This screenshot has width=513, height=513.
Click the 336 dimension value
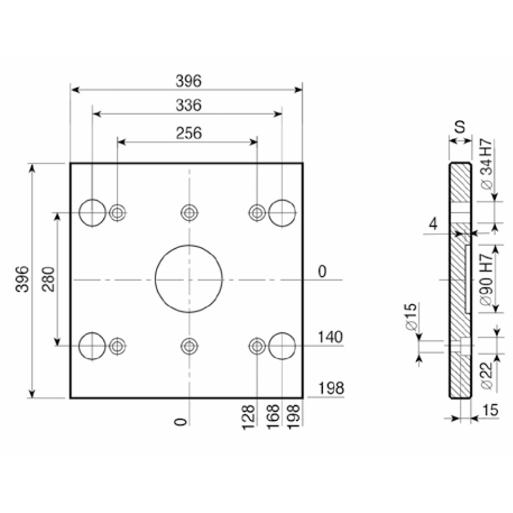click(x=189, y=105)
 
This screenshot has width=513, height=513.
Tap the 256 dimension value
click(x=189, y=133)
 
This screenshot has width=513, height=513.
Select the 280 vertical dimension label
click(x=49, y=279)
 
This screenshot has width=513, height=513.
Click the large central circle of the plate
click(x=189, y=246)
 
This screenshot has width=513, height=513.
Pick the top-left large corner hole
click(x=92, y=199)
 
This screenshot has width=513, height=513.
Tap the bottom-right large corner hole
click(x=282, y=333)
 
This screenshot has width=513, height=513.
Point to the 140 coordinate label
click(x=330, y=337)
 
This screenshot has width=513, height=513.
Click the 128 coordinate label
click(x=248, y=417)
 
